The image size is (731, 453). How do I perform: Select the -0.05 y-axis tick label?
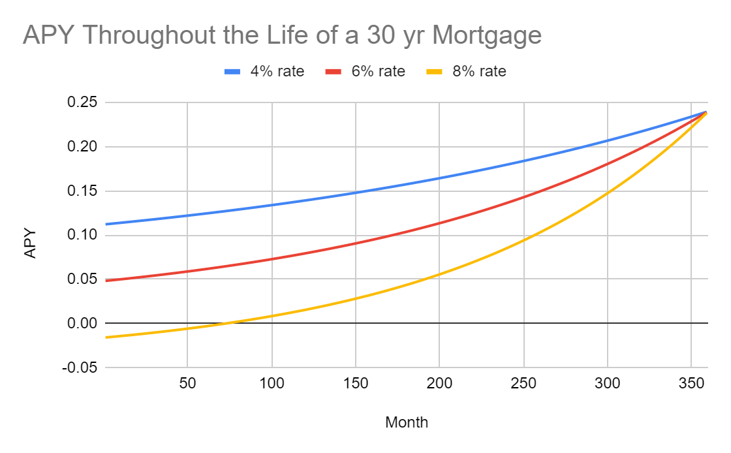80,367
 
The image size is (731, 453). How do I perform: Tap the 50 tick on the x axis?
187,383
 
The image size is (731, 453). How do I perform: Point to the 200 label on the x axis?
439,383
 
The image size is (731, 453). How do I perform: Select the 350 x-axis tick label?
691,383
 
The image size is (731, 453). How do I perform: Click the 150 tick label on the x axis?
355,383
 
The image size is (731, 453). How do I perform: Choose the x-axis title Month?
407,422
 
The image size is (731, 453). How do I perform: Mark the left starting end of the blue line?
106,224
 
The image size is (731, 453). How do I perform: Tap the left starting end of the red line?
106,281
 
